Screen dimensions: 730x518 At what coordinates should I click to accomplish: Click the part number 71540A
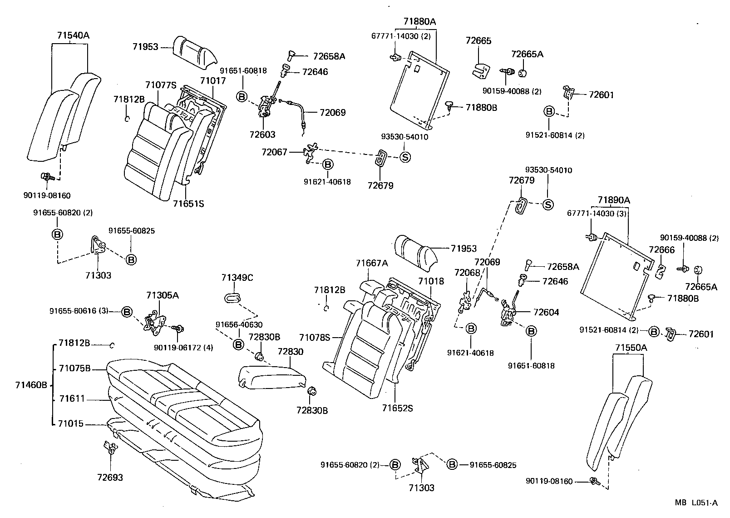click(x=74, y=35)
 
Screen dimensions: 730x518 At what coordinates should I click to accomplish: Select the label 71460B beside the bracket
click(x=31, y=385)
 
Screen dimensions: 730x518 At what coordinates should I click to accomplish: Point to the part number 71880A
click(x=419, y=21)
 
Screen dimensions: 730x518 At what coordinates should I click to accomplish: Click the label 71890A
click(x=614, y=200)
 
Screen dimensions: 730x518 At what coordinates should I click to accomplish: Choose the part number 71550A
click(x=631, y=348)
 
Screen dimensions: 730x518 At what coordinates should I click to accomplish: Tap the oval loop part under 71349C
click(x=232, y=298)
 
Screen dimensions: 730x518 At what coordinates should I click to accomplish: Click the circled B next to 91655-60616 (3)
click(x=127, y=312)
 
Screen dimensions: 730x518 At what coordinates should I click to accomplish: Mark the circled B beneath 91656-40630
click(x=238, y=344)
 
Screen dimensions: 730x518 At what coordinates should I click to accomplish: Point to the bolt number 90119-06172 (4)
click(x=183, y=348)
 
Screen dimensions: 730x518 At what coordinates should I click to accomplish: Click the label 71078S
click(x=315, y=338)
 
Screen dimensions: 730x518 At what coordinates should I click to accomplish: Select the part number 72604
click(x=546, y=312)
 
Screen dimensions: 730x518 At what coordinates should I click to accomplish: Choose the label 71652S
click(x=398, y=408)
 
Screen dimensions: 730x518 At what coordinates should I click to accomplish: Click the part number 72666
click(x=661, y=249)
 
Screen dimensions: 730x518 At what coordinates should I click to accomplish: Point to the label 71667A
click(x=372, y=263)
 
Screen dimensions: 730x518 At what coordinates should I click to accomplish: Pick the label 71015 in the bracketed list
click(x=71, y=424)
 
